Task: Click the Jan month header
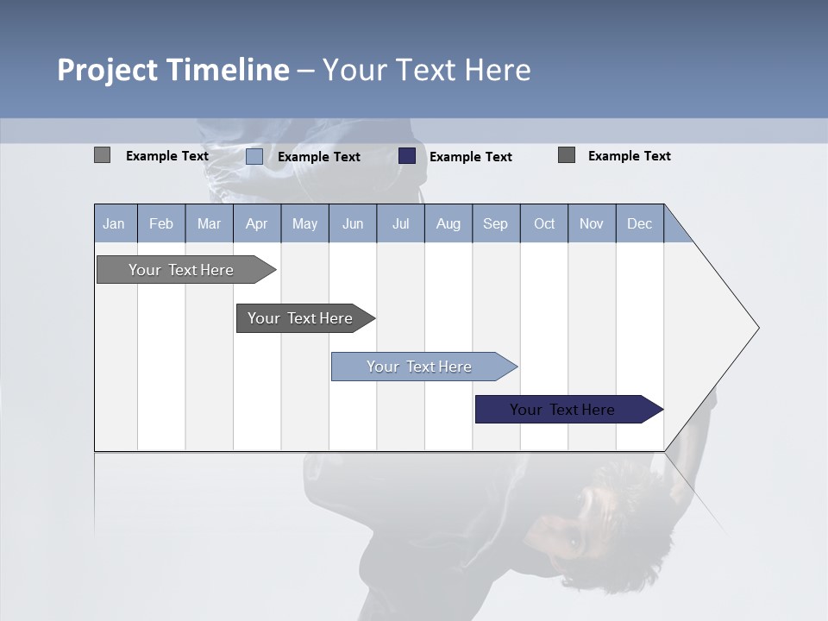pos(114,224)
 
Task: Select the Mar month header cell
pos(209,224)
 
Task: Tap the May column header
pos(304,224)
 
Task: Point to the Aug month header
pos(448,224)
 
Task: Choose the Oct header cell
pos(544,224)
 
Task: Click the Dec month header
pos(639,224)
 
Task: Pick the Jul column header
pos(400,224)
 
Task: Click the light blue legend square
pos(254,156)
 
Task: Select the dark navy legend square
pos(407,156)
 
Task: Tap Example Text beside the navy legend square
pos(470,157)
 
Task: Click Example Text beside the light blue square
pos(318,157)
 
